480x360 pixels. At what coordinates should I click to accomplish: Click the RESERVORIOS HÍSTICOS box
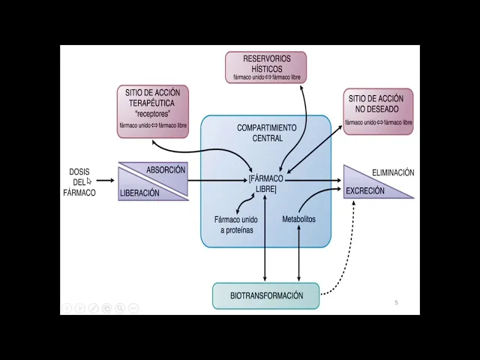(x=267, y=67)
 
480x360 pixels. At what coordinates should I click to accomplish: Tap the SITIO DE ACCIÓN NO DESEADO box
(x=378, y=112)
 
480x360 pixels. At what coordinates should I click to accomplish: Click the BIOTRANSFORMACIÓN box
(x=265, y=295)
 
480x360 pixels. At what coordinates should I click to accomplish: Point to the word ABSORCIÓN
(x=166, y=170)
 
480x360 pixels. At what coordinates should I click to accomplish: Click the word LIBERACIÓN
(x=139, y=193)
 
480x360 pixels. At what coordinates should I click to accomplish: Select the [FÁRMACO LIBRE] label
(x=265, y=184)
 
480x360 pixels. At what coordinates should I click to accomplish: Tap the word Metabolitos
(x=298, y=220)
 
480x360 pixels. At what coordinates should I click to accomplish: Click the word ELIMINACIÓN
(x=393, y=172)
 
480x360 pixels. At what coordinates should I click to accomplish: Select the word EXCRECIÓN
(x=364, y=190)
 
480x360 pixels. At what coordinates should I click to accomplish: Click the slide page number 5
(x=396, y=302)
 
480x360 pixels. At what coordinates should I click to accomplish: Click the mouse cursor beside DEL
(x=89, y=181)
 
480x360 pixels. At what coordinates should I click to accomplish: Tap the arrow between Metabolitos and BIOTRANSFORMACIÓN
(x=299, y=255)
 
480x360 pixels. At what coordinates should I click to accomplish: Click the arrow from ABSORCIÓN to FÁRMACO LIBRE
(x=217, y=180)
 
